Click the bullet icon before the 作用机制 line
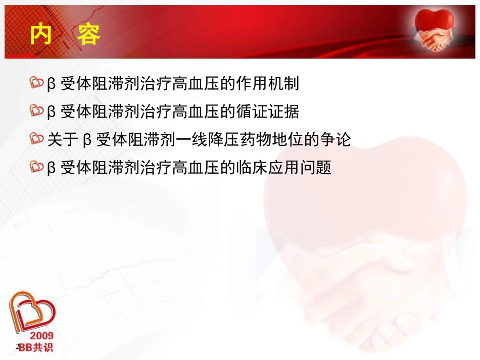coord(37,84)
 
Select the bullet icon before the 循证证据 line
coord(37,112)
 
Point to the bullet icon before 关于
coord(37,139)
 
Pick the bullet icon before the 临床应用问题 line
coord(37,167)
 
